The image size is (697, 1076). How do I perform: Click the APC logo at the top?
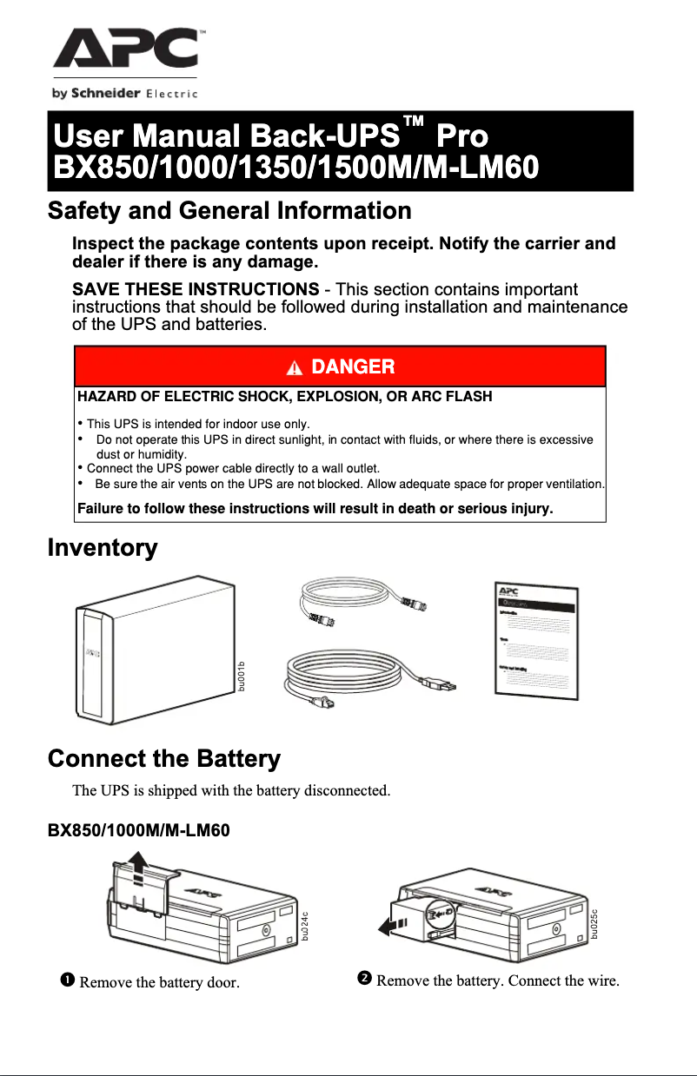[124, 50]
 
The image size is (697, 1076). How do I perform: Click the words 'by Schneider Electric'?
[125, 94]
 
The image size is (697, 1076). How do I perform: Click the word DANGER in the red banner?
[353, 367]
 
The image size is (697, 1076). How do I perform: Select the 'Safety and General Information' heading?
[229, 211]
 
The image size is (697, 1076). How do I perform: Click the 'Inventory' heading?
[102, 548]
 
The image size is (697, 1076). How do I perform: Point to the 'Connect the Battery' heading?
[164, 759]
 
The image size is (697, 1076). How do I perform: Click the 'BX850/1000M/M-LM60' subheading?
[137, 830]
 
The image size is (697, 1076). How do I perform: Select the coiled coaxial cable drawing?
[361, 601]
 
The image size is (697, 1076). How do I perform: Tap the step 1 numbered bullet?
[66, 980]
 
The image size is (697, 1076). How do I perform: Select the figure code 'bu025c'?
[595, 922]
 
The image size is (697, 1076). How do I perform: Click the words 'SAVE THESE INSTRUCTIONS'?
[195, 289]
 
